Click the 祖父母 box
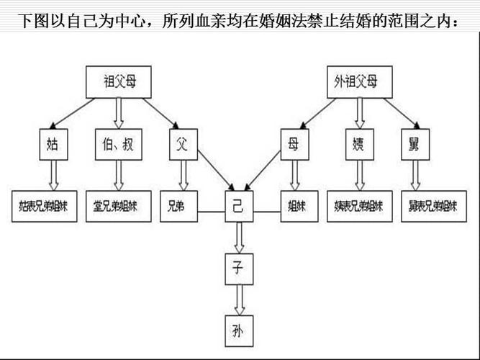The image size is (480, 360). pyautogui.click(x=119, y=82)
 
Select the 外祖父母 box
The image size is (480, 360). pyautogui.click(x=356, y=82)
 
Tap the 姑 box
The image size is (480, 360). pyautogui.click(x=53, y=145)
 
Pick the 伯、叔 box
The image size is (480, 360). pyautogui.click(x=118, y=145)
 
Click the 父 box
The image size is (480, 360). pyautogui.click(x=182, y=145)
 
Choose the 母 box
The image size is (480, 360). pyautogui.click(x=293, y=145)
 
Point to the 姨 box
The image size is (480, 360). pyautogui.click(x=358, y=145)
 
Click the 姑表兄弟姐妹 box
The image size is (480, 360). pyautogui.click(x=45, y=206)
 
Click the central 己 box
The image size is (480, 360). pyautogui.click(x=238, y=206)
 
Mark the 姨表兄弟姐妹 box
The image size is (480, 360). pyautogui.click(x=358, y=206)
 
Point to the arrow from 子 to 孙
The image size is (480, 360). pyautogui.click(x=238, y=299)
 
